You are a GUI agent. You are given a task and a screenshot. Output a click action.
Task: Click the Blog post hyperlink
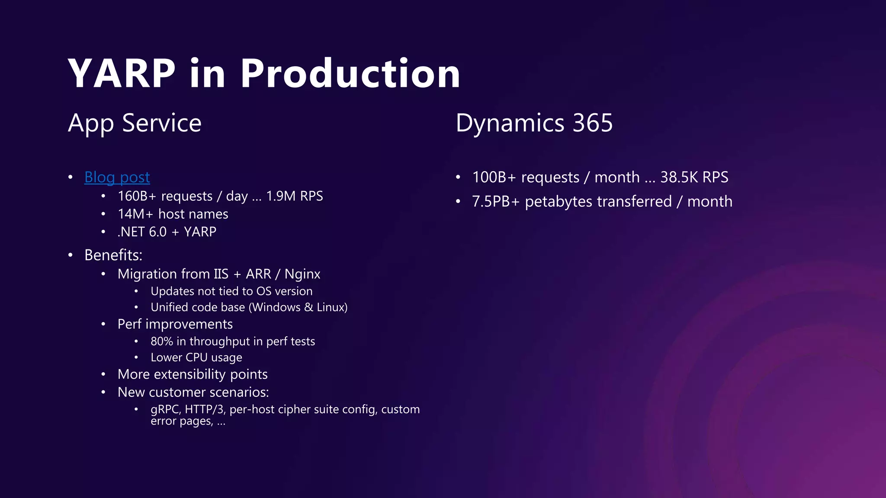click(117, 177)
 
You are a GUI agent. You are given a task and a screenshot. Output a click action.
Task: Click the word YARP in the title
click(122, 74)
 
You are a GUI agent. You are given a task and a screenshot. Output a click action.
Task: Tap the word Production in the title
click(350, 74)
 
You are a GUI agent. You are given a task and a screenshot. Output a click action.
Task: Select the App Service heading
click(135, 123)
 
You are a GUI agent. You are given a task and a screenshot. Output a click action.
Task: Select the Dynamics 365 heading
click(534, 123)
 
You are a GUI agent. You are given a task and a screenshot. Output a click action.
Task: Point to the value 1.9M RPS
click(295, 196)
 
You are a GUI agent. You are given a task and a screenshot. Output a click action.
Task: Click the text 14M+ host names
click(173, 214)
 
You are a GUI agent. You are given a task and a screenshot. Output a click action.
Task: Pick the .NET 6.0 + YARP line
click(167, 232)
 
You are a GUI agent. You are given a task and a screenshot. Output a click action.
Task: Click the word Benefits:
click(113, 255)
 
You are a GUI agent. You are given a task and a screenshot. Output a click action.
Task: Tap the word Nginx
click(302, 274)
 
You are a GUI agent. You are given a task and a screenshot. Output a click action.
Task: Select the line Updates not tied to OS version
click(231, 291)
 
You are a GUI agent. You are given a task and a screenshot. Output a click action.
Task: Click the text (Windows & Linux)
click(298, 307)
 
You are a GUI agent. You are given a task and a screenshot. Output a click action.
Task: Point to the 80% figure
click(161, 342)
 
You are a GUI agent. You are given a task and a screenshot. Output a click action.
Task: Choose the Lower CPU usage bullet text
click(196, 358)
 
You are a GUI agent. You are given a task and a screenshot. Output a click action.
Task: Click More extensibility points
click(193, 374)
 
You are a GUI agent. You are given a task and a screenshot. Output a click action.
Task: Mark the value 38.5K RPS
click(694, 177)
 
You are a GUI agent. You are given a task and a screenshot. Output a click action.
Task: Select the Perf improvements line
click(175, 324)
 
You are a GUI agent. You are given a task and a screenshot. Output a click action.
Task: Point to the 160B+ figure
click(137, 196)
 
